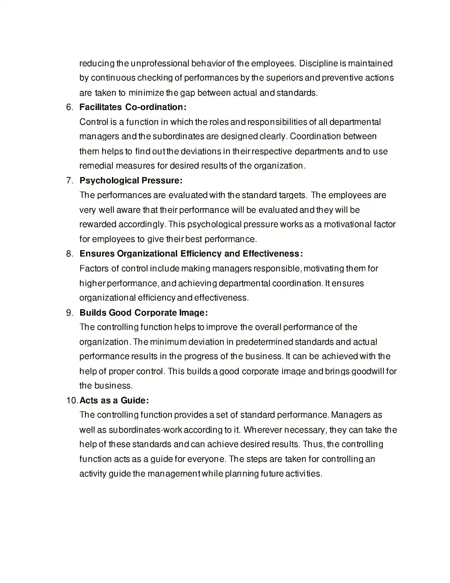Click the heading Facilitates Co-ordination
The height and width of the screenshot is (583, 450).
(x=133, y=107)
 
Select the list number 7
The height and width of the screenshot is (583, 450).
(x=69, y=180)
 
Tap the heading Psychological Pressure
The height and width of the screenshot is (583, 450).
(x=130, y=180)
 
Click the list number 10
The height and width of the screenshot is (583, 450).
(x=72, y=400)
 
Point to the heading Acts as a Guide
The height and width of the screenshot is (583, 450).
(x=114, y=400)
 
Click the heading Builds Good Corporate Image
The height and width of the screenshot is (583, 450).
(x=143, y=313)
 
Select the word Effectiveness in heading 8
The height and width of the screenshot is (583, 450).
(x=272, y=253)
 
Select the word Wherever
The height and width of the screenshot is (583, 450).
(x=263, y=430)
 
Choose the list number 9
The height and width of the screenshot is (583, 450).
(x=69, y=313)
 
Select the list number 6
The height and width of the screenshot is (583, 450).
(x=69, y=107)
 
